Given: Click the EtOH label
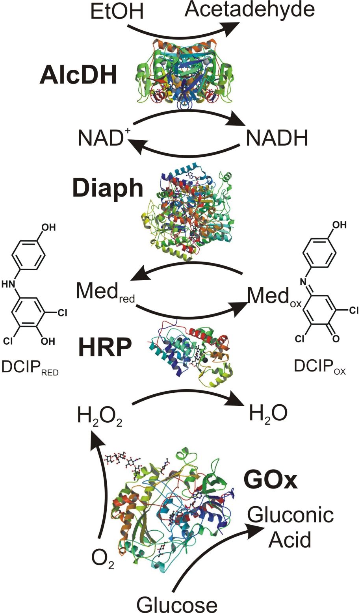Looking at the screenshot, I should (x=117, y=12).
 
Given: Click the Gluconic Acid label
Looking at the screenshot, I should (x=290, y=528).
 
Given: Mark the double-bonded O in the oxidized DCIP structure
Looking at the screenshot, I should (x=336, y=338).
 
